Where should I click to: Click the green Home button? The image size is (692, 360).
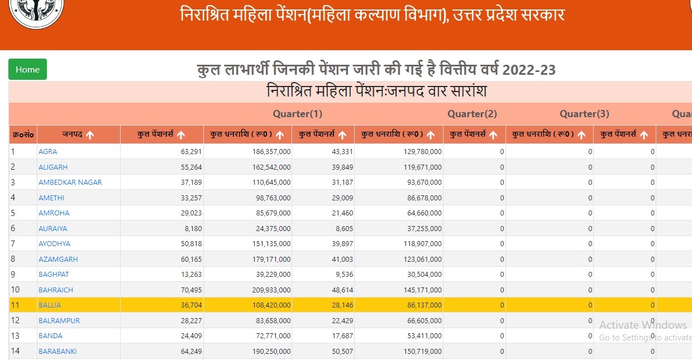27,69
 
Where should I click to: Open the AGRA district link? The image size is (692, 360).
47,151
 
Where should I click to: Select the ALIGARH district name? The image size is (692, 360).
52,167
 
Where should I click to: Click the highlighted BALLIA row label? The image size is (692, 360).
50,305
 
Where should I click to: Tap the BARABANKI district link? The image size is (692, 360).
58,351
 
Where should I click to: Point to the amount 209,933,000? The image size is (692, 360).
270,290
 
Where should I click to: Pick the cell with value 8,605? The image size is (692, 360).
342,228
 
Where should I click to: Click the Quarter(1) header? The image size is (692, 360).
297,114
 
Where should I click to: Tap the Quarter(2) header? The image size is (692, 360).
472,114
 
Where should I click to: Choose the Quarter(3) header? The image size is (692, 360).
584,114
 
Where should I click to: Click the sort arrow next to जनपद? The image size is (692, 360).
90,135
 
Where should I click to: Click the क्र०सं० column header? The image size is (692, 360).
23,135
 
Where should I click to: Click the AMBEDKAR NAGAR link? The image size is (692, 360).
70,182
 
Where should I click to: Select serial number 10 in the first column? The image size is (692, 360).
15,290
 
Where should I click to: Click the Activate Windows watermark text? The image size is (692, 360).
643,325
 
